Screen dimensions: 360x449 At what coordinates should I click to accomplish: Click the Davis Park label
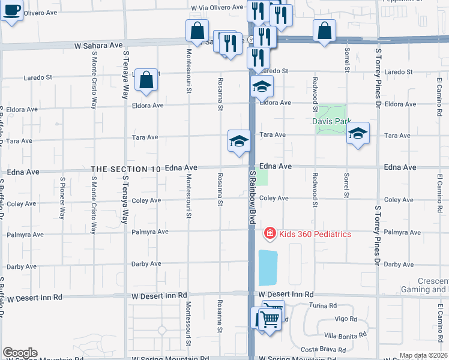(x=331, y=121)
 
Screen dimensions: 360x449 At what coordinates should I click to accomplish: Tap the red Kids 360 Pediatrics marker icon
(x=270, y=233)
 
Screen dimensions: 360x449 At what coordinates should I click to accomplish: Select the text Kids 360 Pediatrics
(x=315, y=234)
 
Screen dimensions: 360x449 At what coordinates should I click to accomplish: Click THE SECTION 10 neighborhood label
(x=125, y=169)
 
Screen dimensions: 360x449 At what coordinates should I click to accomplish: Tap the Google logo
(x=19, y=353)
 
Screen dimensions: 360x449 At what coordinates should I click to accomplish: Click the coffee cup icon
(x=11, y=10)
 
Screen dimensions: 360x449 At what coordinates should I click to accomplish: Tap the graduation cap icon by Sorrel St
(x=358, y=134)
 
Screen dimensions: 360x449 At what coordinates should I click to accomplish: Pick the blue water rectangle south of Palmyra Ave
(x=268, y=268)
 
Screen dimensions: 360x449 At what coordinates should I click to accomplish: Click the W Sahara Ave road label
(x=98, y=45)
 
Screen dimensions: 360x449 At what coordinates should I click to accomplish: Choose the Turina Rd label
(x=322, y=305)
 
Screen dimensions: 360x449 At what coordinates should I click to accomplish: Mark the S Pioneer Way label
(x=62, y=197)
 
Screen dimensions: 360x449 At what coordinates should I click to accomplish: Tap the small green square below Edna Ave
(x=263, y=178)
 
